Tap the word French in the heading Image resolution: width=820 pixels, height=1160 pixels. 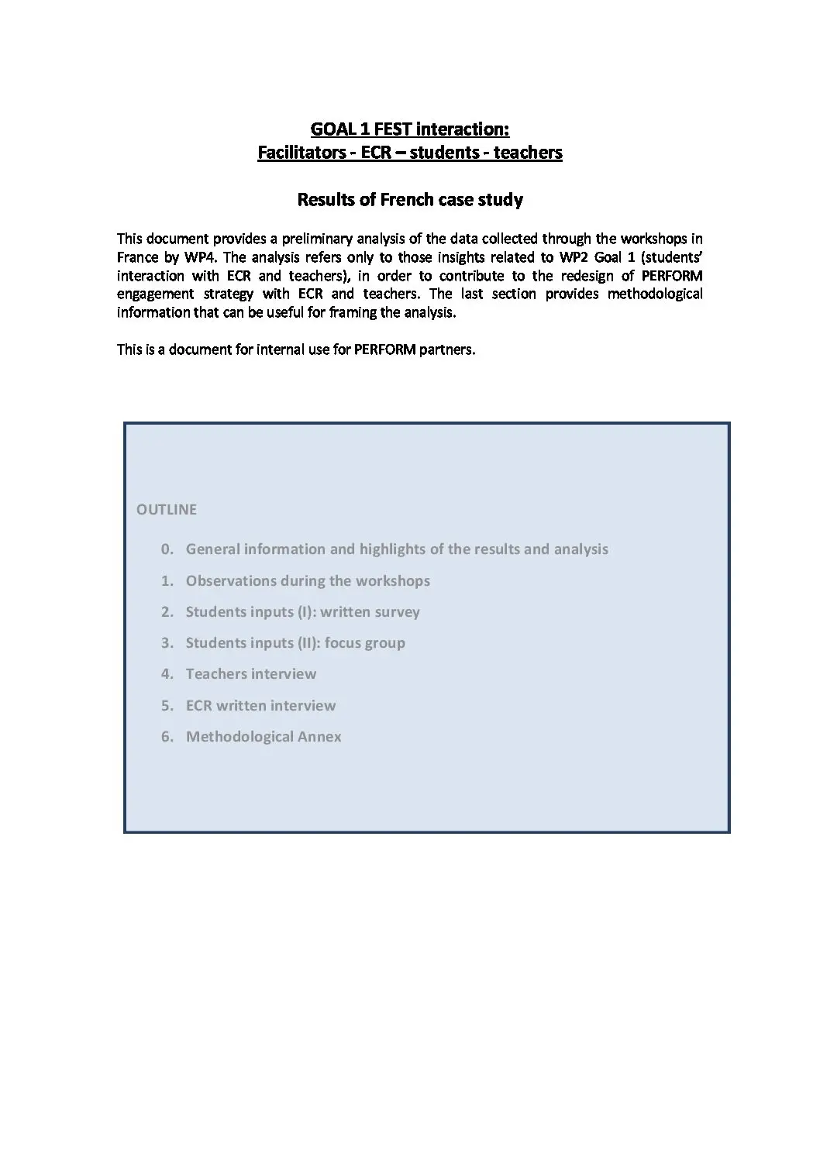tap(406, 200)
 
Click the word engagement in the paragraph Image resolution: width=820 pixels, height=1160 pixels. tap(155, 294)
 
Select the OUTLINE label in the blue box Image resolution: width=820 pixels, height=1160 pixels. tap(167, 510)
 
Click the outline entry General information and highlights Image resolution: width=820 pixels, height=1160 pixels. tap(397, 549)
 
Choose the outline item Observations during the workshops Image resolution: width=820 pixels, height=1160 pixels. tap(308, 581)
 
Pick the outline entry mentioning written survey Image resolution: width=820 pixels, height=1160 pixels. tap(302, 612)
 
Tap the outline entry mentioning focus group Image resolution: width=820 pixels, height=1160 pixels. tap(295, 643)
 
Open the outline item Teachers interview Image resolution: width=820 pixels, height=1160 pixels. tap(251, 674)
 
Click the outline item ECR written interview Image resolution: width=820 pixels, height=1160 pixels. tap(260, 706)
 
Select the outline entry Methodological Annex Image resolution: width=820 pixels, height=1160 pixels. tap(264, 737)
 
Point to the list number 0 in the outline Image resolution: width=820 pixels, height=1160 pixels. tap(166, 549)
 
